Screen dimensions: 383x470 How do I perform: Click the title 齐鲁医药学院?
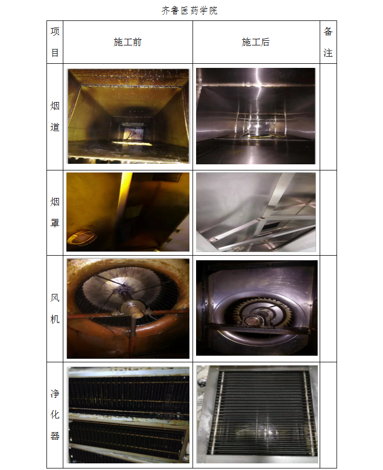189,11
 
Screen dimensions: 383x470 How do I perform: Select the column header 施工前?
128,42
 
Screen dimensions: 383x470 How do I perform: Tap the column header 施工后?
255,42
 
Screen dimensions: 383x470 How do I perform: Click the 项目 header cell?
55,42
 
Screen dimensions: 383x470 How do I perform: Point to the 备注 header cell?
328,42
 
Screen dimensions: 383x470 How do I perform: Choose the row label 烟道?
55,116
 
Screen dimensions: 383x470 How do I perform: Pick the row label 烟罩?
55,212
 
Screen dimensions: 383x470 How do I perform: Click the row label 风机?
55,308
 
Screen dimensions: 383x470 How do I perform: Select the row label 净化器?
55,414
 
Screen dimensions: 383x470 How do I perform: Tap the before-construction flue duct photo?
128,116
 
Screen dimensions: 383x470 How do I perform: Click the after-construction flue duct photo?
255,116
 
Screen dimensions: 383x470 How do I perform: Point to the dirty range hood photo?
128,212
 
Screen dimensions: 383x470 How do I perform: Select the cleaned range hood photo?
256,212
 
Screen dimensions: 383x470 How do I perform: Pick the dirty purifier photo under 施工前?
129,415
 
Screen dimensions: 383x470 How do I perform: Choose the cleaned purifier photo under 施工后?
257,414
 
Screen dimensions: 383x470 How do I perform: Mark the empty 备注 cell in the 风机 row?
328,309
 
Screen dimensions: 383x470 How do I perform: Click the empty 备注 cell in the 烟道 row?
328,117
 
